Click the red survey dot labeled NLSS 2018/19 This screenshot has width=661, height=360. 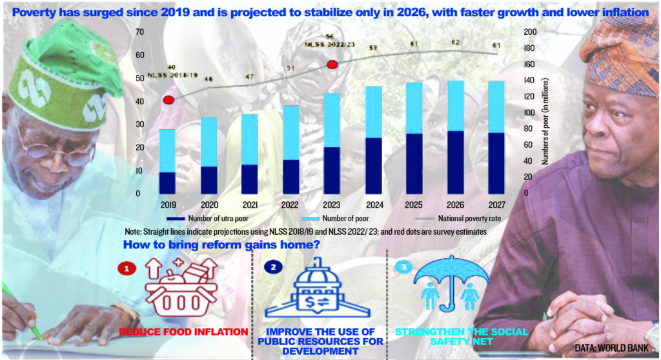[x=169, y=100]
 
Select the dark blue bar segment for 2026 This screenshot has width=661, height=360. [x=455, y=162]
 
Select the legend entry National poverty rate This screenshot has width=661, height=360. [x=453, y=218]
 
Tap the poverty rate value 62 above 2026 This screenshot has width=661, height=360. [x=455, y=43]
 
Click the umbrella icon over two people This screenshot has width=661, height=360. [x=449, y=285]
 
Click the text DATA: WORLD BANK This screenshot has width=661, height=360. [x=613, y=348]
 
